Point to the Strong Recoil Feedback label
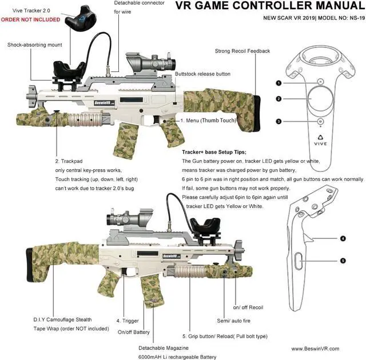click(242, 51)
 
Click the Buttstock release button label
click(202, 74)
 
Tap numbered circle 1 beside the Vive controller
click(278, 83)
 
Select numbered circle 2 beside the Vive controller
click(278, 99)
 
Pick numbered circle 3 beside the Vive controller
click(278, 121)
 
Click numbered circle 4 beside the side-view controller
click(343, 238)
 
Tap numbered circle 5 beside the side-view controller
click(343, 261)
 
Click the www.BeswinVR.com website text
click(315, 348)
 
